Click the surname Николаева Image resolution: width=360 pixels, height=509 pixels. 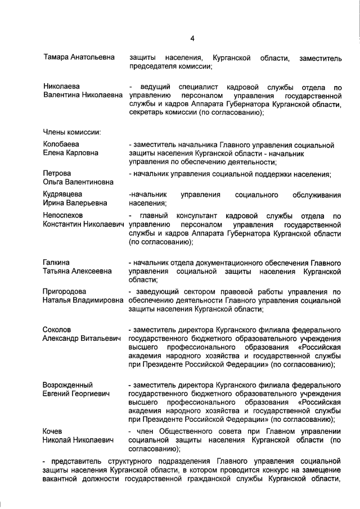[x=61, y=86]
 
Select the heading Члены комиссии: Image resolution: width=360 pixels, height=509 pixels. [x=72, y=133]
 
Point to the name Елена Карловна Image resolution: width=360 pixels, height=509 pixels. [x=70, y=153]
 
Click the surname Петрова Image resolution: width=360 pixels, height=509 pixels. [x=57, y=173]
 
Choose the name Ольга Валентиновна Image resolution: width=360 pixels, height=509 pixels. [x=78, y=182]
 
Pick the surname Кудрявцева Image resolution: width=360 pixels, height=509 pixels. [x=63, y=195]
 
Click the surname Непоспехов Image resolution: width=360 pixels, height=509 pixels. [x=63, y=215]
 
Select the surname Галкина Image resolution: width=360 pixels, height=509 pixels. [x=56, y=263]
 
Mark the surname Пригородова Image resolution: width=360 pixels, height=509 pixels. [x=65, y=291]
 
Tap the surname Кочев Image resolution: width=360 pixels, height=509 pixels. [x=54, y=430]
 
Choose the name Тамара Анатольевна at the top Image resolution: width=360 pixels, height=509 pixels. [x=79, y=57]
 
